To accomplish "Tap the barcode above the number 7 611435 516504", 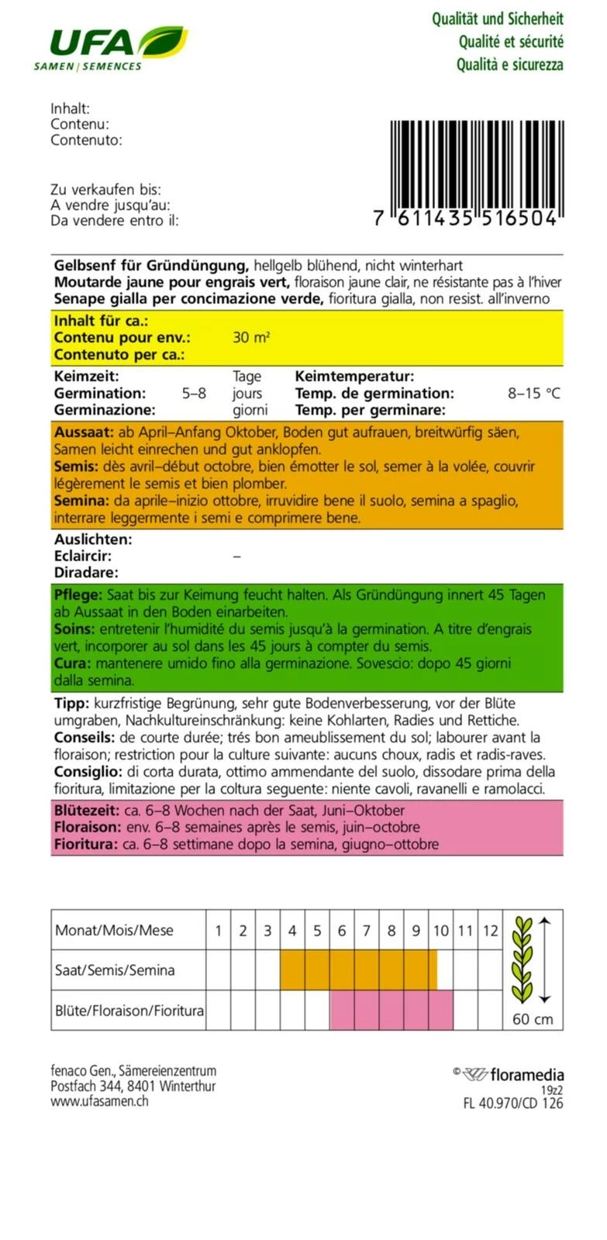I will (x=473, y=164).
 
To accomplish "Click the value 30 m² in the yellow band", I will (x=251, y=338).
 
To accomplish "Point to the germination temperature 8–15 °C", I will (x=533, y=393).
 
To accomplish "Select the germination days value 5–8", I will (x=194, y=393).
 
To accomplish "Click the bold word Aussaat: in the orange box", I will (x=84, y=432).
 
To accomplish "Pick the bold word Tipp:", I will (x=72, y=704).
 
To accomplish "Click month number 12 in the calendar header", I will (x=490, y=931).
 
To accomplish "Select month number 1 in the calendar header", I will (x=219, y=931).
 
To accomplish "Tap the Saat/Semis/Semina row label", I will (x=115, y=970).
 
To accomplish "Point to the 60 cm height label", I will (x=533, y=1019).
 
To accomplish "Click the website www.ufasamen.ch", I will (x=99, y=1101).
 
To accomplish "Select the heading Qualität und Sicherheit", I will (x=497, y=19).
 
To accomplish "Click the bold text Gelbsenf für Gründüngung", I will (x=151, y=265).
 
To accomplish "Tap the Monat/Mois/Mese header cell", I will (x=114, y=931).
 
